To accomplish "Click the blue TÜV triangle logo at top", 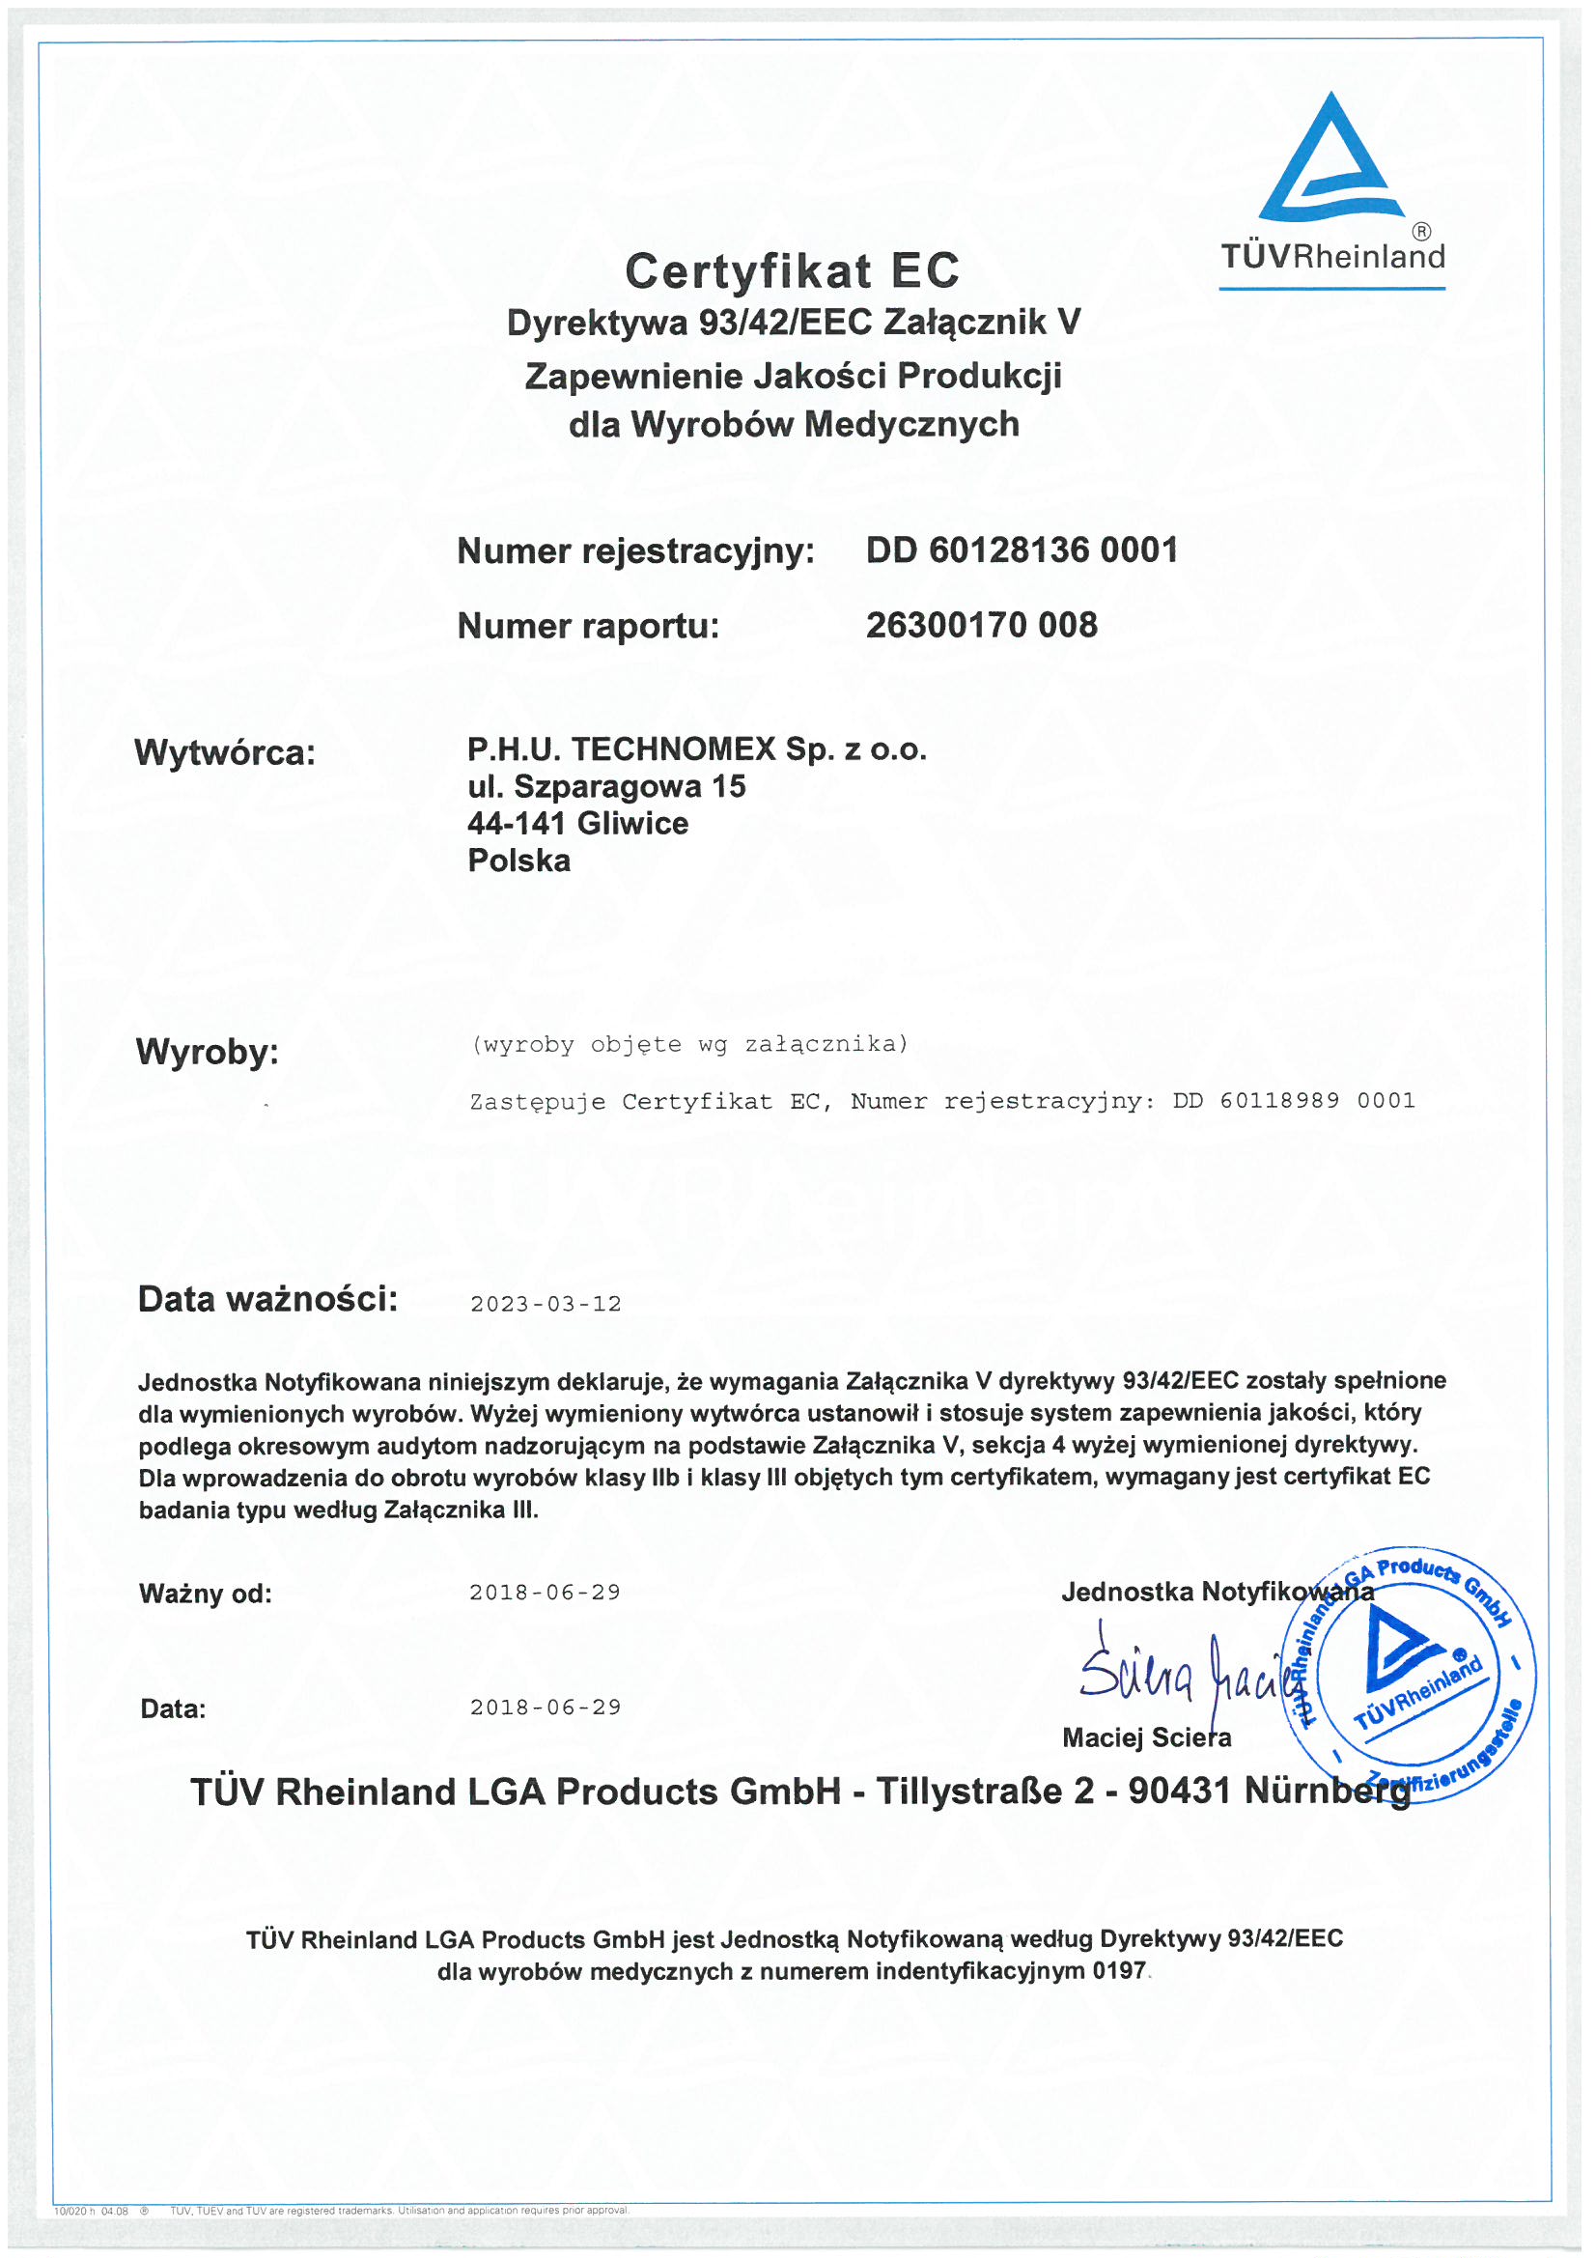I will tap(1330, 157).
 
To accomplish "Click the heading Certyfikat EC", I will tap(792, 270).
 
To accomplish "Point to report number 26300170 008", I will tap(980, 625).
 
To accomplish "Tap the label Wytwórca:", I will tap(224, 752).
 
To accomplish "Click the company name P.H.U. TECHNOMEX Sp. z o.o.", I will tap(696, 749).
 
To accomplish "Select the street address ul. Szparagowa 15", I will tap(605, 787).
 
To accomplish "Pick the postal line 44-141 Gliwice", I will tap(577, 823).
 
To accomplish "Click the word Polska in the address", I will tap(518, 861).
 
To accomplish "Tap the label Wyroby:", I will tap(207, 1052).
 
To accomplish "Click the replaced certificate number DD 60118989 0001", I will tap(1293, 1100).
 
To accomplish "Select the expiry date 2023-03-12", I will tap(545, 1304).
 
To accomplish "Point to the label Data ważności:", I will tap(267, 1299).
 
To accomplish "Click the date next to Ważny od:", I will tap(545, 1593).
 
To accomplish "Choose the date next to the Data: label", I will tap(545, 1708).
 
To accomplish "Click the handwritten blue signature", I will tap(1180, 1672).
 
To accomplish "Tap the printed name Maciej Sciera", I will tap(1146, 1737).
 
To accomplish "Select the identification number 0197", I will tap(1118, 1971).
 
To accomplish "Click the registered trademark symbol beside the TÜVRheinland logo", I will tap(1421, 232).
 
